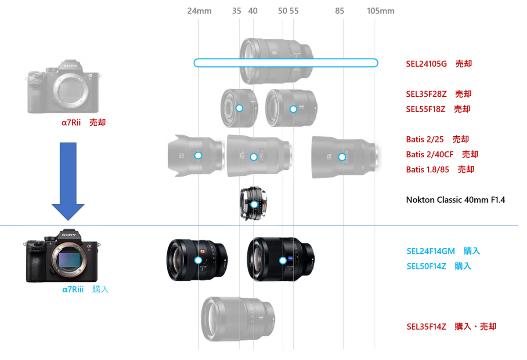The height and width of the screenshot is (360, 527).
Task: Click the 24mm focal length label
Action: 199,11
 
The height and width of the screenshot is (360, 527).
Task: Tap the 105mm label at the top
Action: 380,11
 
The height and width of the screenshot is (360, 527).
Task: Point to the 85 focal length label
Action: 339,11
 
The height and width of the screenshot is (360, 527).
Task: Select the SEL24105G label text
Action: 426,64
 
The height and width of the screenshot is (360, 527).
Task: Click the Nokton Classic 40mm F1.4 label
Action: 455,200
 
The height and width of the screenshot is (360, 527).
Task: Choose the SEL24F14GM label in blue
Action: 431,251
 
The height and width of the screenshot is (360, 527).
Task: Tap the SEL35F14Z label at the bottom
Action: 426,327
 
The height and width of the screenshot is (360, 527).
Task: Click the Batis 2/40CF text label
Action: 430,155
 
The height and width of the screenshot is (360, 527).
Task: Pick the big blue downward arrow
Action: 68,181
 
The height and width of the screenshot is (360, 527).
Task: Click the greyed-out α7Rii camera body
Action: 63,87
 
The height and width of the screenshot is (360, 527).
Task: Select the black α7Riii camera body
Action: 62,255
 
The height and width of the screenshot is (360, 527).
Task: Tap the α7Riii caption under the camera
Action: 73,289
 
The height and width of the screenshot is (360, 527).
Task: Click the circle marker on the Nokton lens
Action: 254,204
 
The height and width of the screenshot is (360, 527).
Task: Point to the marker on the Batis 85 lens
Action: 342,157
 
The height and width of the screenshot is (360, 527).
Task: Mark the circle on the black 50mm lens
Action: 283,260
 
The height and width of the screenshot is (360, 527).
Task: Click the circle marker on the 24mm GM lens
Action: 198,260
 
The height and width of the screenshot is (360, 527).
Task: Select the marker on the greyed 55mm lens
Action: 293,109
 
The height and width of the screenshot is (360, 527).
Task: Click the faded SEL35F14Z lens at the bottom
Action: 238,319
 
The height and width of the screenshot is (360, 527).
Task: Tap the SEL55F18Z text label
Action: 426,109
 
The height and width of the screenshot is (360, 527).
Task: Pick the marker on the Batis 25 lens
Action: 198,156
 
